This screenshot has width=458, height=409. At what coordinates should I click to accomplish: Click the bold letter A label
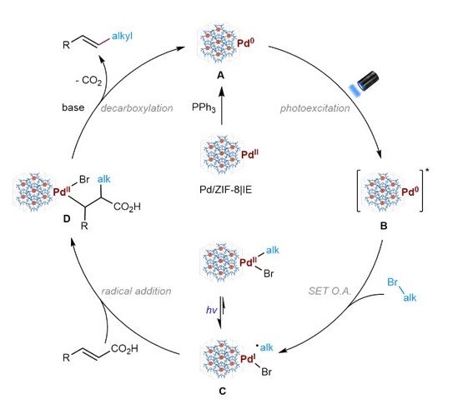(221, 76)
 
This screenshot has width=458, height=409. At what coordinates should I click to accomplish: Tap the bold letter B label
(384, 226)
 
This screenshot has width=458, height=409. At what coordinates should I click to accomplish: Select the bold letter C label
(222, 391)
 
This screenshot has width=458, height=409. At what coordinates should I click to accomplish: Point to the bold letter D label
(67, 218)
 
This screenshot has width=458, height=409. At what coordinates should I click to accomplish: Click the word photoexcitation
(315, 108)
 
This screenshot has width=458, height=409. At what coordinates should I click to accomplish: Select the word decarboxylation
(137, 108)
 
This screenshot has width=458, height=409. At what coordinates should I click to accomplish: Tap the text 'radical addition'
(136, 291)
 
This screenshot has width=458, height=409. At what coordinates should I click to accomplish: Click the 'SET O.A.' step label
(330, 291)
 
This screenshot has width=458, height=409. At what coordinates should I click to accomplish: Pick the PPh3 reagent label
(204, 107)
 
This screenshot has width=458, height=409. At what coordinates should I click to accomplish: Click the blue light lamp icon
(365, 82)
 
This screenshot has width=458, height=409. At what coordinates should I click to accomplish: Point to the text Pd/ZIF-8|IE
(225, 190)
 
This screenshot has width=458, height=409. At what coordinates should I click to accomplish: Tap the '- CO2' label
(88, 81)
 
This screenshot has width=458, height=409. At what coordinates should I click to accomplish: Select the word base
(73, 107)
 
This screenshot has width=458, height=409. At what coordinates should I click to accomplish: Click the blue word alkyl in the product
(122, 36)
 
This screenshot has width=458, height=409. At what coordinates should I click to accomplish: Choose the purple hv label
(211, 310)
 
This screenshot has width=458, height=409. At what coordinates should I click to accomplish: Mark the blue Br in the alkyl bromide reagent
(393, 282)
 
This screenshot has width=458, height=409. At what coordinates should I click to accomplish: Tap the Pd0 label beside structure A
(245, 43)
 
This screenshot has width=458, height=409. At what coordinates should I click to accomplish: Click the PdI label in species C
(248, 359)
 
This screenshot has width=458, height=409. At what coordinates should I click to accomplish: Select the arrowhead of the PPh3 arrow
(222, 92)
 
